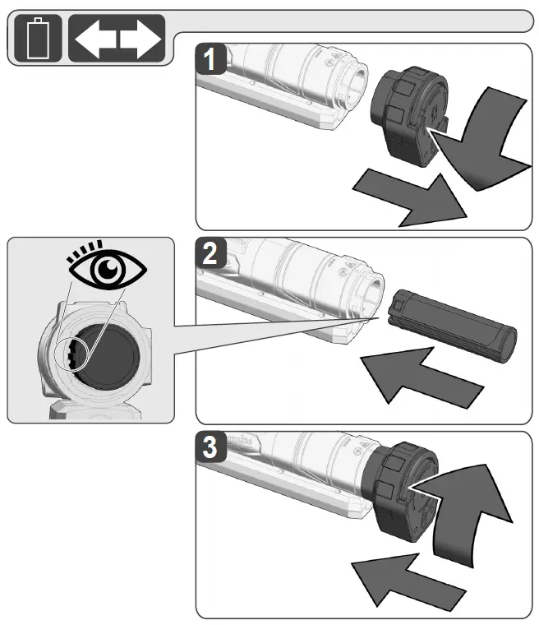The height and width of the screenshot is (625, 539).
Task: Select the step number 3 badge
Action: click(213, 450)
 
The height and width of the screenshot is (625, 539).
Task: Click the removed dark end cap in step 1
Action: click(407, 110)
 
